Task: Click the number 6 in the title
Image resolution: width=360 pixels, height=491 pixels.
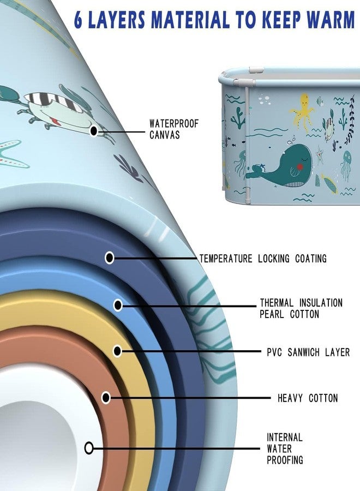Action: pos(79,20)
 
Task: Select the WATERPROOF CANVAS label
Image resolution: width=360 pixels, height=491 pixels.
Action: pos(174,129)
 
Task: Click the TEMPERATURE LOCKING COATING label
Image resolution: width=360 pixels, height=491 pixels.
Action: pos(263,259)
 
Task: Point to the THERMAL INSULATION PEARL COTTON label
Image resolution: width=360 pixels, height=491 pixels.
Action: pos(301,308)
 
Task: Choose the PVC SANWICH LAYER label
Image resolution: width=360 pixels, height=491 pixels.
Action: pos(308,352)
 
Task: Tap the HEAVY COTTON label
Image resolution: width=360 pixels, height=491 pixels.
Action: pos(308,398)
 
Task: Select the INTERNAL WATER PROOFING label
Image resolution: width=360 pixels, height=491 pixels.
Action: pos(285,449)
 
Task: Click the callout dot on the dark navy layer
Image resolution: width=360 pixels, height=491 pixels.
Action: pos(109,258)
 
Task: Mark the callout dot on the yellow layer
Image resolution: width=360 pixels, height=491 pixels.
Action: pos(117,351)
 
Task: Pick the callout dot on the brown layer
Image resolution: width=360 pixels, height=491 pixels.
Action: pos(106,398)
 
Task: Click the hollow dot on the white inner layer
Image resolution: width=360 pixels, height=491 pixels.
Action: pos(89,448)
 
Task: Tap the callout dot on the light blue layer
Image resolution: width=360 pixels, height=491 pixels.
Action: pos(118,304)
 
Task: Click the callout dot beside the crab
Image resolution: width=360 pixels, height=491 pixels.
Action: pos(94,131)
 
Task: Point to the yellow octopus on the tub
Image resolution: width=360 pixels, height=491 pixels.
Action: pos(302,111)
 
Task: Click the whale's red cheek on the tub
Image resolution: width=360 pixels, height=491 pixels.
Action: pos(300,166)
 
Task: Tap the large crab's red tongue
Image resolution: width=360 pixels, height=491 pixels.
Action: pos(57,121)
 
